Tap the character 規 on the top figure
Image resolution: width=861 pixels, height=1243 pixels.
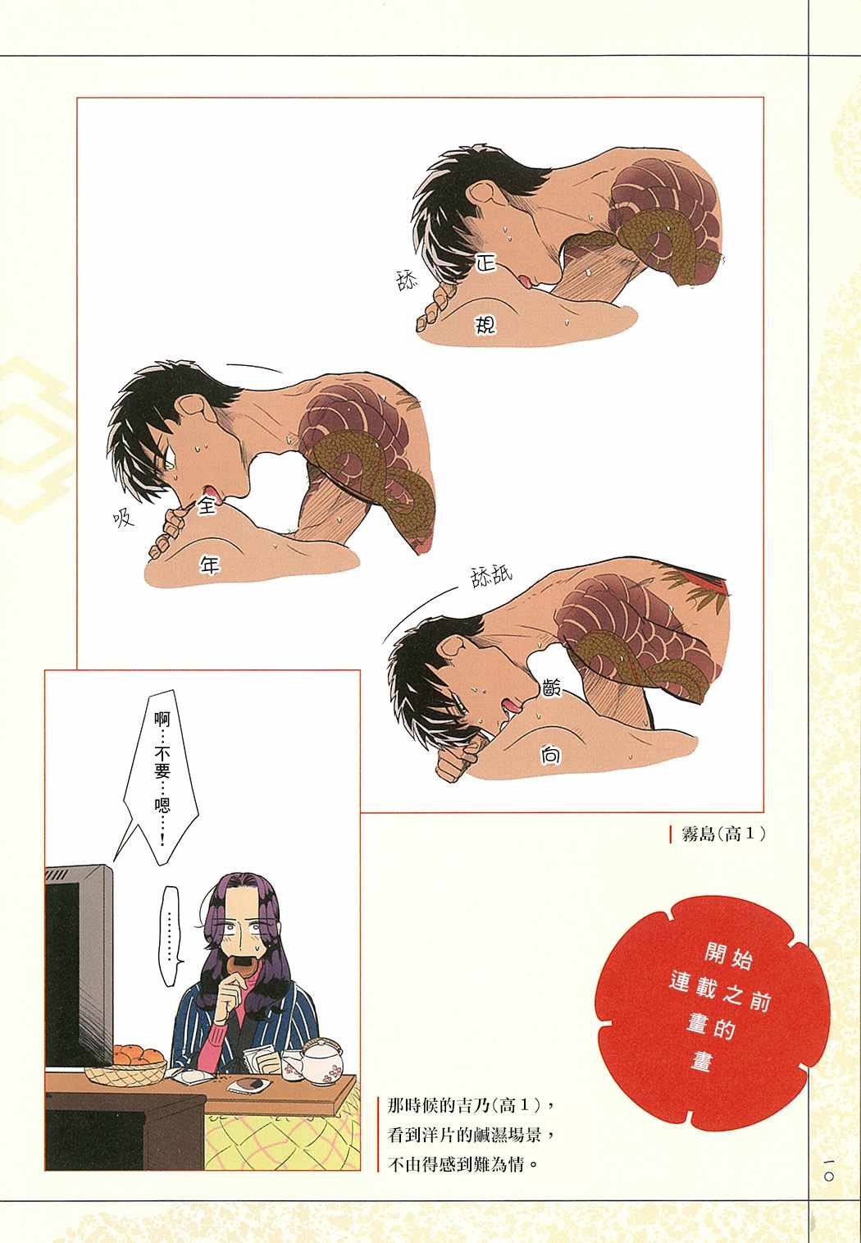tap(484, 323)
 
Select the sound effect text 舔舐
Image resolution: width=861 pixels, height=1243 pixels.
tap(491, 577)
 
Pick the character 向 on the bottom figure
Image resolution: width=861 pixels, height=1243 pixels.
tap(549, 755)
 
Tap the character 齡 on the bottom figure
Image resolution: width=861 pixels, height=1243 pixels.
tap(551, 688)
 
